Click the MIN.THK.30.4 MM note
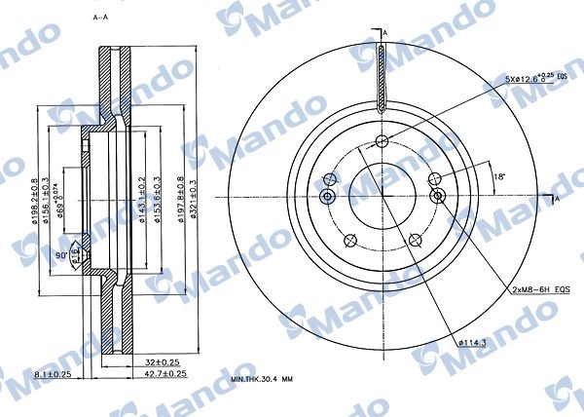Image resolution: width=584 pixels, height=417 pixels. (x=264, y=379)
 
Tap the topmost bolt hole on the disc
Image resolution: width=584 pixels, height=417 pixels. (x=383, y=140)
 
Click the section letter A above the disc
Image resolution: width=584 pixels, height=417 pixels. (x=384, y=32)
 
